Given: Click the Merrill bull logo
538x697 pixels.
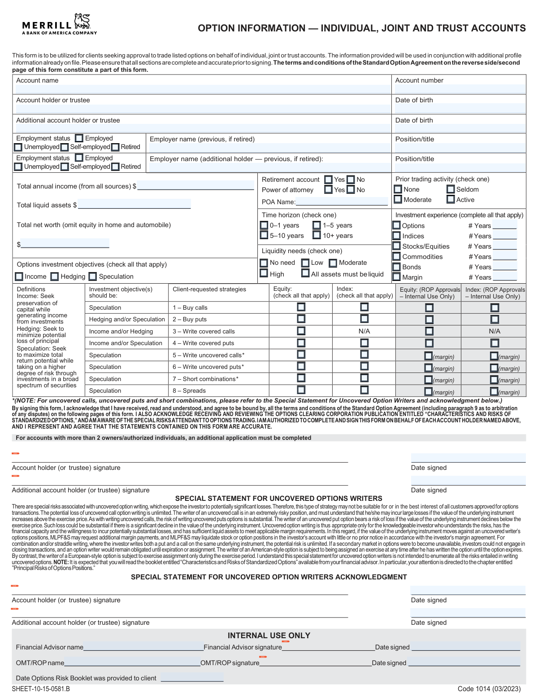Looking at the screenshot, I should click(x=82, y=21).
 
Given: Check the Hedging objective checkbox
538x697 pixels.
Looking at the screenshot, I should click(x=55, y=276).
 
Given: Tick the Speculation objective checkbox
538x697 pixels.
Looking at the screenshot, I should click(x=93, y=276).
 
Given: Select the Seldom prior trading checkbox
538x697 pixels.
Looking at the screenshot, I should click(x=451, y=189).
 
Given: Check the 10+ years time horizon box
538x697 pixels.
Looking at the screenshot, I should click(x=317, y=235).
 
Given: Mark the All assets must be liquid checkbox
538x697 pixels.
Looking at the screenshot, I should click(x=305, y=273).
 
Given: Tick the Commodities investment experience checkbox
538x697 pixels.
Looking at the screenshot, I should click(x=397, y=256).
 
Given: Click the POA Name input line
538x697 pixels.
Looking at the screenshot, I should click(x=342, y=202).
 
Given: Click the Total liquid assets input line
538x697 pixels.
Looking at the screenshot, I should click(x=134, y=205).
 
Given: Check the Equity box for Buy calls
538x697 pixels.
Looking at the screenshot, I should click(x=301, y=307).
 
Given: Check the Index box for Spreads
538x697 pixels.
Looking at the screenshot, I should click(x=364, y=390).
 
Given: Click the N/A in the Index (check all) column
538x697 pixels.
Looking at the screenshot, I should click(x=364, y=331).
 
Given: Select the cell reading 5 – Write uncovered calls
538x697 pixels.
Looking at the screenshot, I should click(x=209, y=355).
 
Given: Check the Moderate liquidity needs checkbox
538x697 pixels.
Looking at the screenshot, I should click(x=333, y=263).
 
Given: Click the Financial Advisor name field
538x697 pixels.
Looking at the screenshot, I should click(x=143, y=647).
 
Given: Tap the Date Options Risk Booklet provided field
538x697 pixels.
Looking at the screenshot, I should click(x=192, y=678).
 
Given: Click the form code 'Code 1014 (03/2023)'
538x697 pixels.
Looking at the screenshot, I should click(x=489, y=689).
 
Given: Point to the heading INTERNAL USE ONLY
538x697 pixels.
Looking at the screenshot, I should click(x=269, y=636).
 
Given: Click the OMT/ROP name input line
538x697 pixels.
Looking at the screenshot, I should click(x=132, y=663).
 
